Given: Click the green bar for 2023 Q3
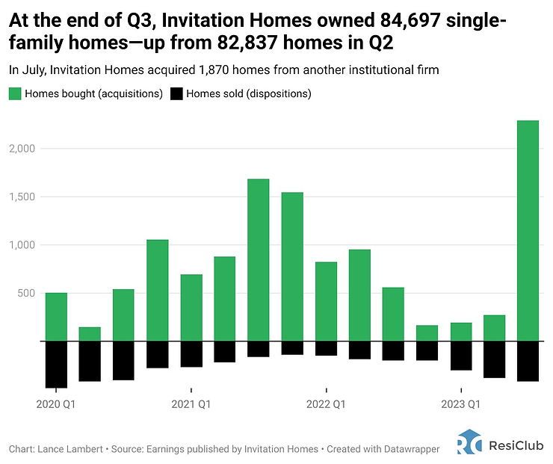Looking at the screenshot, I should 528,231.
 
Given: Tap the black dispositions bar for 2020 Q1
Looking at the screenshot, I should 56,365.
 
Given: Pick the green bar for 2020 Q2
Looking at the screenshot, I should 90,334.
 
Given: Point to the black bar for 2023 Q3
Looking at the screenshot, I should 528,361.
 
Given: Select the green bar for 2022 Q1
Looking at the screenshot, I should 326,301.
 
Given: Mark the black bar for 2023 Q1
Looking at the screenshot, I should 461,356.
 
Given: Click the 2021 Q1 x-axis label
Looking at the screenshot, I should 191,405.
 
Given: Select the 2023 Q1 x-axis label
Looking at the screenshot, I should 460,405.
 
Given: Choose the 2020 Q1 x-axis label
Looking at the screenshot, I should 56,405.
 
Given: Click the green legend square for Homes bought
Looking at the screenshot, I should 15,94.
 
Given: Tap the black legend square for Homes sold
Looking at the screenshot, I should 176,94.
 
